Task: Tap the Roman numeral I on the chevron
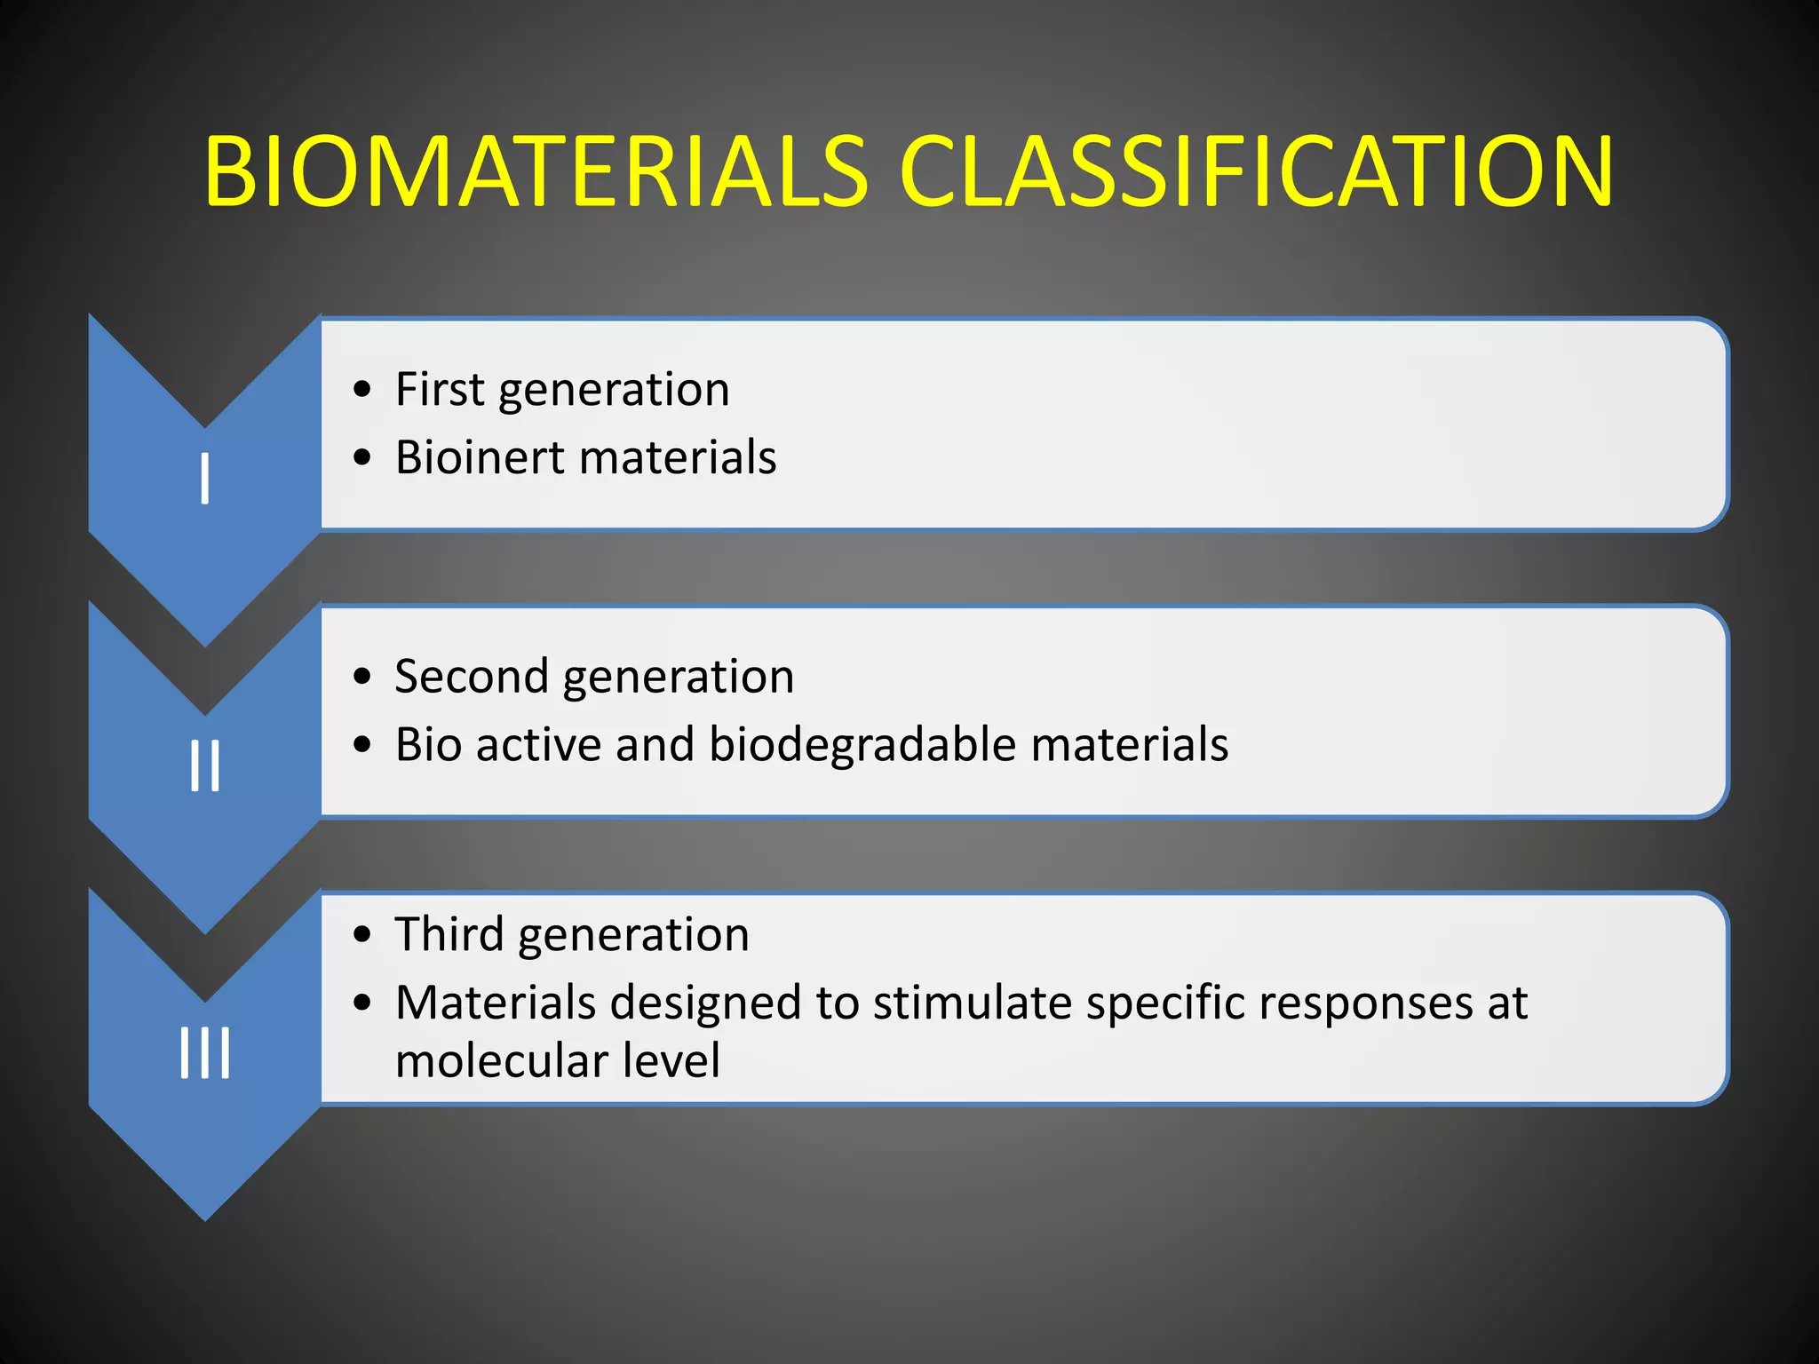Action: (205, 479)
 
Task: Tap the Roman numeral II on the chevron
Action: (205, 765)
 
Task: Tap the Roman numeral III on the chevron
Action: (205, 1053)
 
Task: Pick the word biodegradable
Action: (862, 744)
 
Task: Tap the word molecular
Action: (501, 1060)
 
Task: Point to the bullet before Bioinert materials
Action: (361, 458)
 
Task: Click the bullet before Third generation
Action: (361, 935)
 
